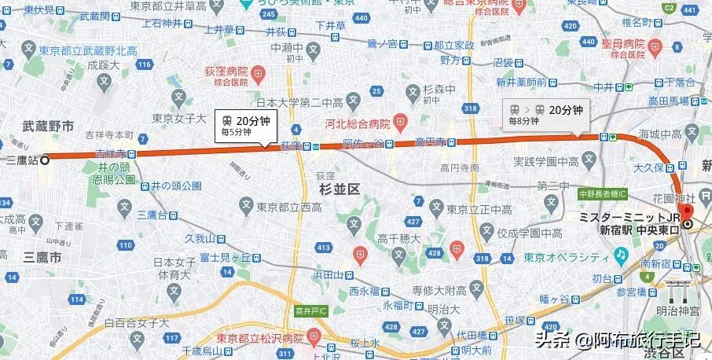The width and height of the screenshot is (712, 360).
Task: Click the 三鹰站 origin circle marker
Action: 45,160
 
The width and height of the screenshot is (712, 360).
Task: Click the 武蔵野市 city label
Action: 49,126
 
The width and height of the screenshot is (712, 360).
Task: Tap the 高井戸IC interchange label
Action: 310,311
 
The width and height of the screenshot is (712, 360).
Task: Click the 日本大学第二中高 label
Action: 300,102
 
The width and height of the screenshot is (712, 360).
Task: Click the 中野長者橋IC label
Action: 602,193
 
